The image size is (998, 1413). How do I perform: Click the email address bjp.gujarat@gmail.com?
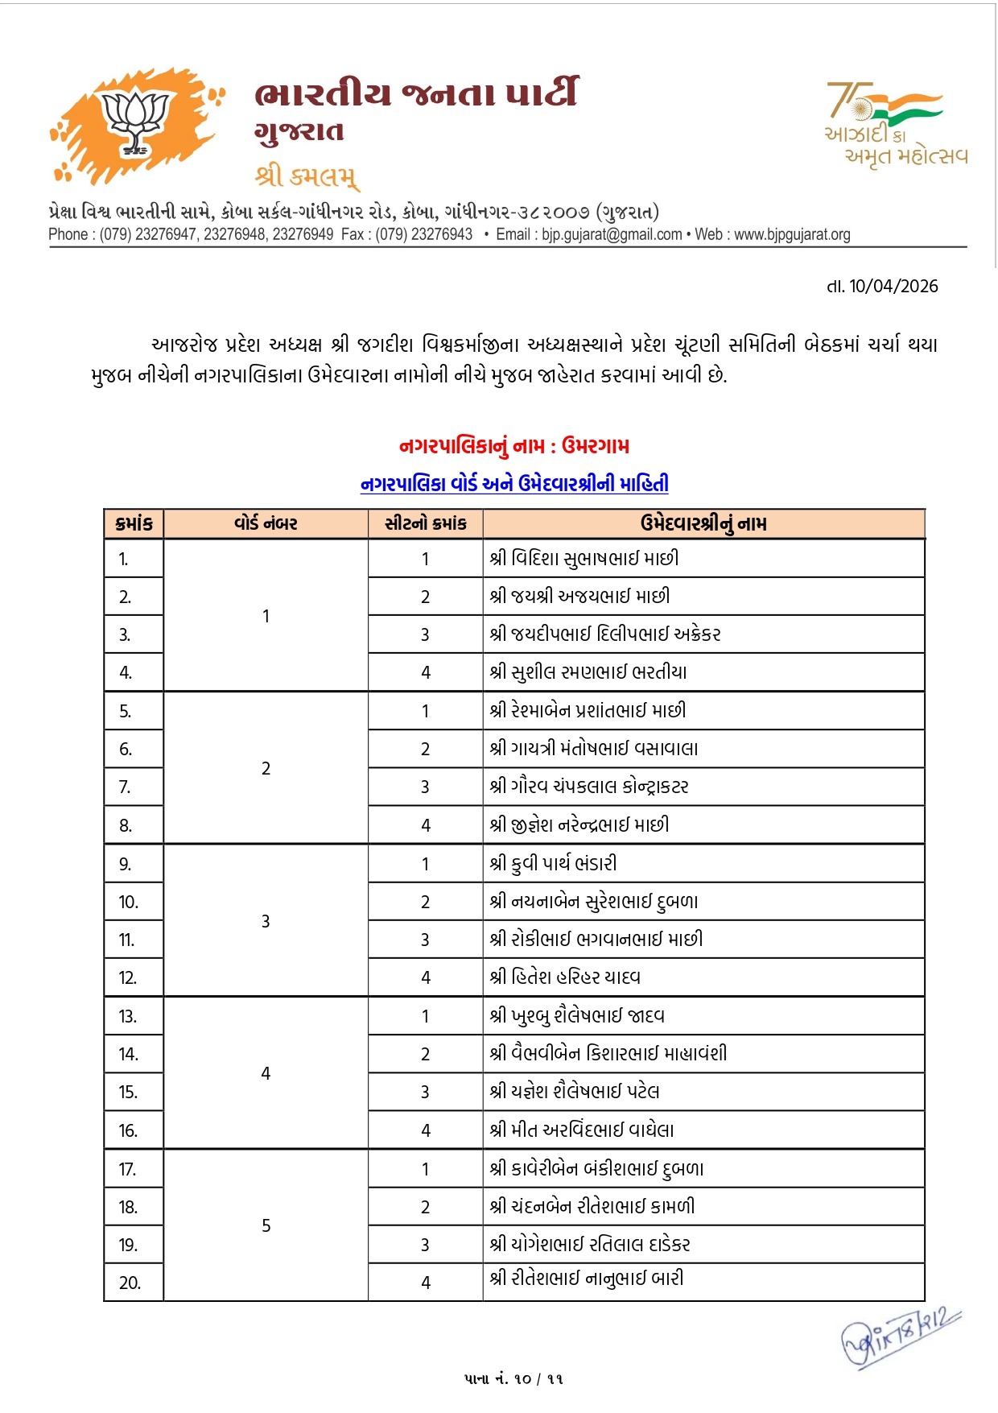point(611,234)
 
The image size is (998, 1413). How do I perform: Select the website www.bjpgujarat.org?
point(792,234)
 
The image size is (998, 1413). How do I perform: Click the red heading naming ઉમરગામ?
point(514,446)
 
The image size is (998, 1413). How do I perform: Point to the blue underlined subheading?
point(514,484)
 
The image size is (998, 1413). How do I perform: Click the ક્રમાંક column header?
point(134,524)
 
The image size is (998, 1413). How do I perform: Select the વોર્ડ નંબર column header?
point(266,524)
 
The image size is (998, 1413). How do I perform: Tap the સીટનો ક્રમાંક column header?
point(425,524)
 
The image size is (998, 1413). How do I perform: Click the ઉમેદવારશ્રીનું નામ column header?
point(703,524)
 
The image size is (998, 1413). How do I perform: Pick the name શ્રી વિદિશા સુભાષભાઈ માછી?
point(584,559)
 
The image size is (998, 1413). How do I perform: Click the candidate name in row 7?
point(589,787)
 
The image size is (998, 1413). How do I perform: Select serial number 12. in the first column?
point(128,978)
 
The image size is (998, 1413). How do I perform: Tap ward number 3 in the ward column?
point(266,921)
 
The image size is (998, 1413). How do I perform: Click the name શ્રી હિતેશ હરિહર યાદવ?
point(565,977)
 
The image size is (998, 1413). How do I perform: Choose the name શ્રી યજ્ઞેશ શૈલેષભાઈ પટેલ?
point(575,1092)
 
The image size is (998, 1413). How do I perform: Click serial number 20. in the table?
point(130,1283)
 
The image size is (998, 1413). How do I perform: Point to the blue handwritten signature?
point(900,1337)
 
